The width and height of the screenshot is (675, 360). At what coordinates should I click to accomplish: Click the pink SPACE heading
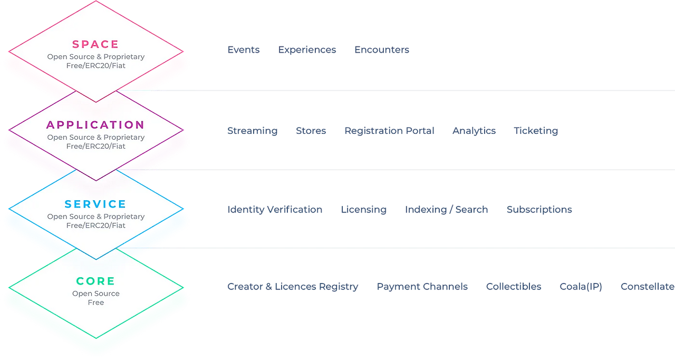coord(95,44)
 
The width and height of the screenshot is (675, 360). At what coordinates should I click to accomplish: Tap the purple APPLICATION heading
coord(95,125)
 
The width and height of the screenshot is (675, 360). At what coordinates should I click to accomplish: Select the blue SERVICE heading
coord(95,204)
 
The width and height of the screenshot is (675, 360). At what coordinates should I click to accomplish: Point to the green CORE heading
coord(95,281)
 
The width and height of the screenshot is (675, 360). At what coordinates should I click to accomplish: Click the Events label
coord(243,50)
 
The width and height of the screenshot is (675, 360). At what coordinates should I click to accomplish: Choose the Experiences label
coord(307,50)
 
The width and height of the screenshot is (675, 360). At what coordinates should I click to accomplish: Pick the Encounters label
coord(382,50)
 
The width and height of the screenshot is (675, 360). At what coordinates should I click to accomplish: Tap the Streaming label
coord(252,131)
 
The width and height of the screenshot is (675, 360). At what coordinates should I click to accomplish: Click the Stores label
coord(311,131)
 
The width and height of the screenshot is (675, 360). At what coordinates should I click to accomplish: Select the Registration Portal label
coord(389,131)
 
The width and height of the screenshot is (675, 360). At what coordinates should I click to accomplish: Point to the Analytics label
coord(474,131)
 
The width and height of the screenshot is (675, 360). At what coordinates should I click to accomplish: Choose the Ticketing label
coord(536,131)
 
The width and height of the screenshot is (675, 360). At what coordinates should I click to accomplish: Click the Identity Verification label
coord(274,209)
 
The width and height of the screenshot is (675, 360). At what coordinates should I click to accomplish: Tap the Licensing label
coord(364,209)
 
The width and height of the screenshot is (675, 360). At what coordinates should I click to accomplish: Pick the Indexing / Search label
coord(447,209)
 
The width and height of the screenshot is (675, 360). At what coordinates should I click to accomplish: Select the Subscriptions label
coord(539,209)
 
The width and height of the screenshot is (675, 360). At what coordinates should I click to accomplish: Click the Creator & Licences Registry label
coord(293,287)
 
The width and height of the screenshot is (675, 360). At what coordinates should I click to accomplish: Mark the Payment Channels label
coord(422,287)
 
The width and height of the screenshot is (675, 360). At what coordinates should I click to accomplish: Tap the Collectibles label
coord(513,287)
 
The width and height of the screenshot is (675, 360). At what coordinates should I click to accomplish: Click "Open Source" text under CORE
coord(96,294)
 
